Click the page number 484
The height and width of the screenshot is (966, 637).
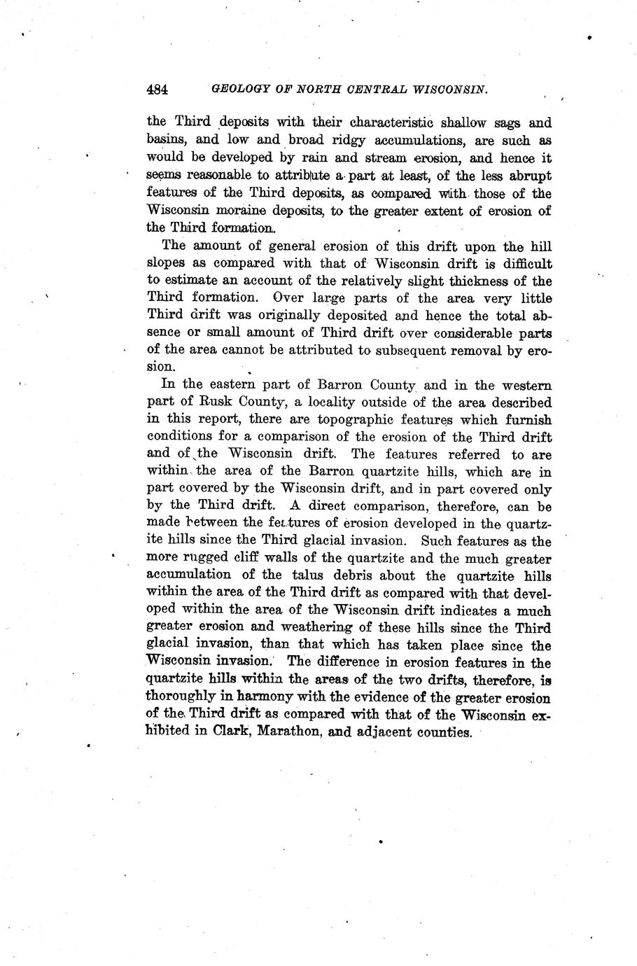(157, 90)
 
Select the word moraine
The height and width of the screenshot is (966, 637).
(244, 210)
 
